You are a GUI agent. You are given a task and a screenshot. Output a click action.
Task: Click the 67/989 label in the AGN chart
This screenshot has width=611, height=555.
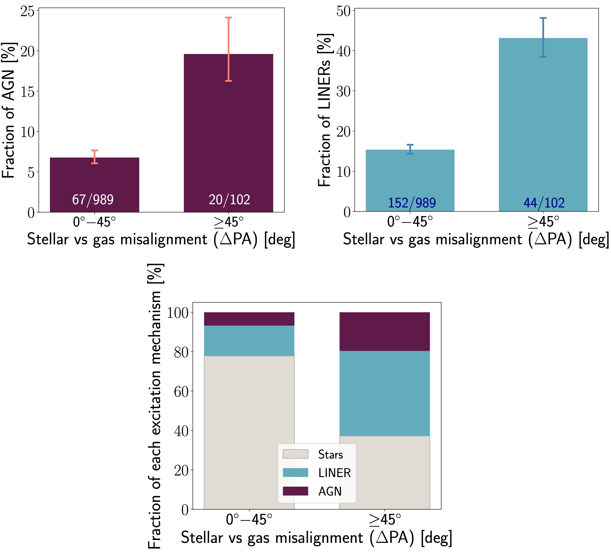pos(93,200)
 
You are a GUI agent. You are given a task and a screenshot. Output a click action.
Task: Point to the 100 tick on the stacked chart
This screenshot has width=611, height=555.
pos(178,313)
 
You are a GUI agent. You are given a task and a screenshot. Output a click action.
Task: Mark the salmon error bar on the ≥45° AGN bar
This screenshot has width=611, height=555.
pos(229,49)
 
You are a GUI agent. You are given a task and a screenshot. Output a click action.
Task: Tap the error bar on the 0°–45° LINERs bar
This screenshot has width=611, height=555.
pos(410,149)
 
